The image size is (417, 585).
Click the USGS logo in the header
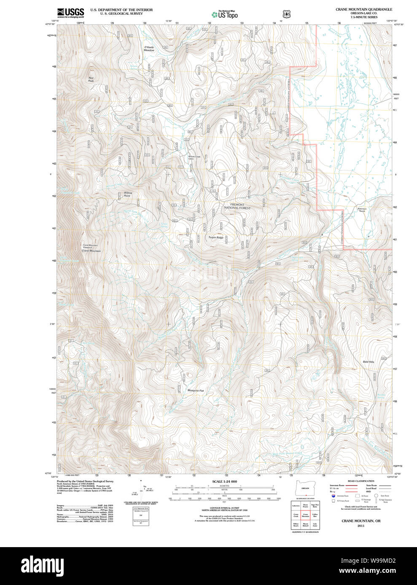(70, 13)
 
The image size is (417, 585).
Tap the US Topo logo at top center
(225, 14)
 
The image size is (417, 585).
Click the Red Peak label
(91, 79)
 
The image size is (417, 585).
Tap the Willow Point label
(127, 194)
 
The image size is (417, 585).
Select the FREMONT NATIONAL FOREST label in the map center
(237, 206)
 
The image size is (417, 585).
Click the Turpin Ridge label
(216, 237)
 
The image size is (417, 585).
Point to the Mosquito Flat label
(195, 391)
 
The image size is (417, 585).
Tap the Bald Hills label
(368, 362)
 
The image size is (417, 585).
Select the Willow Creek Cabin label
(194, 158)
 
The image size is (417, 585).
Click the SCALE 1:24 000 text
(224, 481)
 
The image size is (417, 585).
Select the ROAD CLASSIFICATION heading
(361, 481)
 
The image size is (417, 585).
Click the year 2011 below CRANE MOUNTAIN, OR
(361, 526)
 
